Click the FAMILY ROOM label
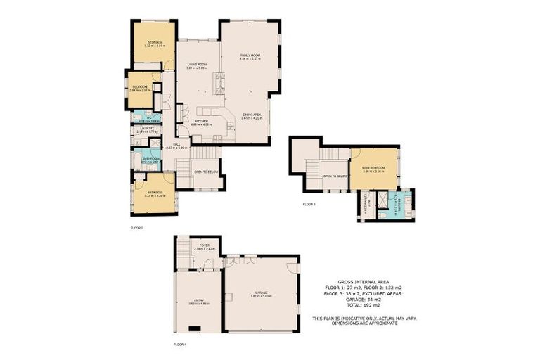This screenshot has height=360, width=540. [x=250, y=56]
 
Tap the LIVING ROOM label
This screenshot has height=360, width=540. [x=196, y=65]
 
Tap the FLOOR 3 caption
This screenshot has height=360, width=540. [x=309, y=204]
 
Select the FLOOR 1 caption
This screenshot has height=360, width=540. [x=180, y=345]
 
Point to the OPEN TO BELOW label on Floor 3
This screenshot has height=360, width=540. [x=336, y=176]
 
